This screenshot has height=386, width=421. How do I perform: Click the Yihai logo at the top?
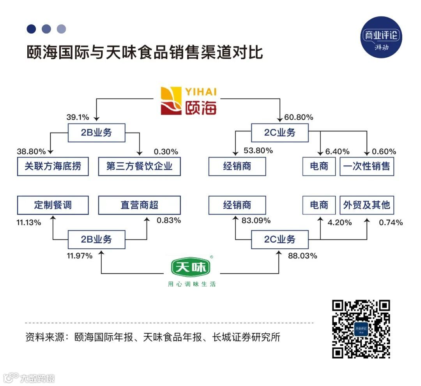189,101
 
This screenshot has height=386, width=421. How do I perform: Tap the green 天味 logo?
191,268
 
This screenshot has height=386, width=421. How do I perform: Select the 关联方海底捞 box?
53,166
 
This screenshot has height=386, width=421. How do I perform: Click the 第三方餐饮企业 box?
139,166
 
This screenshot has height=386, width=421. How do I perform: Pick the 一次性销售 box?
366,166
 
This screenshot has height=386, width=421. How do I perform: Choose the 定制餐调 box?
53,205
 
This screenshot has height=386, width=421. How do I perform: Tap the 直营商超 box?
139,205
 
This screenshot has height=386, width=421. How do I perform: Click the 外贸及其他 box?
366,205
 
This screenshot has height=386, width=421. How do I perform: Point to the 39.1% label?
78,117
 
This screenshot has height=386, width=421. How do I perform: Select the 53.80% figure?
258,151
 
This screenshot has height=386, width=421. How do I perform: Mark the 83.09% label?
256,221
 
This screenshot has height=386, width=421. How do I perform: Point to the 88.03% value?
302,256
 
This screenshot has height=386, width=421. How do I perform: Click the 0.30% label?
166,152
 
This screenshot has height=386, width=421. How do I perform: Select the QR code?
361,329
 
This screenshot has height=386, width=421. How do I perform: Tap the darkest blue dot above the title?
31,29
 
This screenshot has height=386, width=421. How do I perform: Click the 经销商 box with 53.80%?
237,166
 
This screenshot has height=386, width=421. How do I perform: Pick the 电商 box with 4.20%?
319,205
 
